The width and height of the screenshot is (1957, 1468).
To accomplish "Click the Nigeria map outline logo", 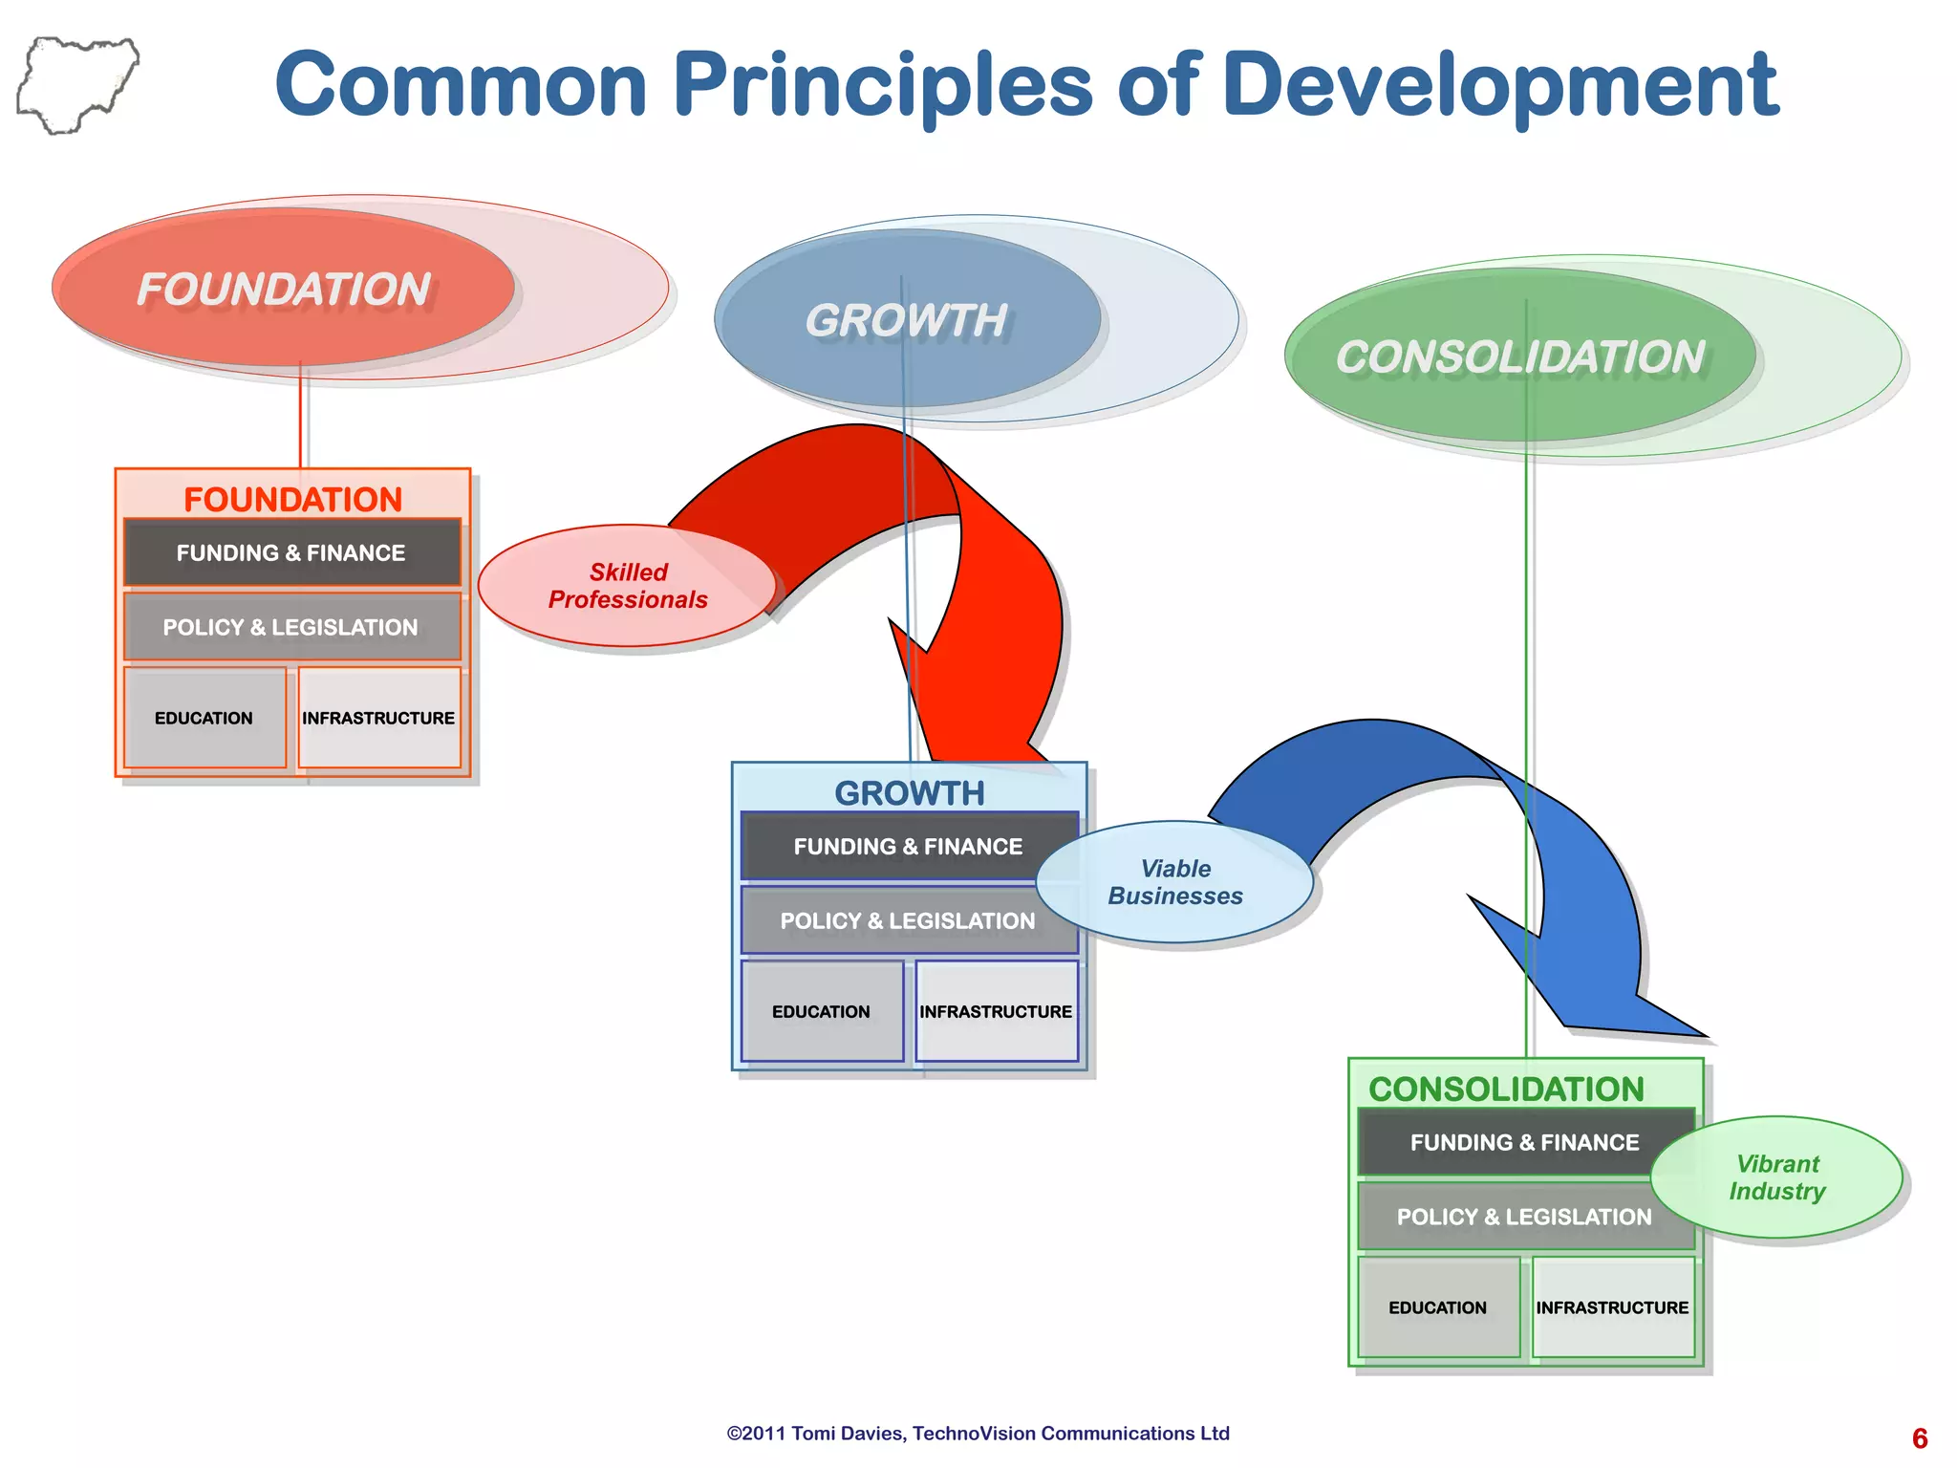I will click(76, 85).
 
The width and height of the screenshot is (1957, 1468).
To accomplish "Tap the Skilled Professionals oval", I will click(627, 586).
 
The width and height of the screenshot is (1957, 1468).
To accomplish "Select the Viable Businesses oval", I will click(1174, 882).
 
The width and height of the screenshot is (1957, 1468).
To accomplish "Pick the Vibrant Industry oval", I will click(1777, 1177).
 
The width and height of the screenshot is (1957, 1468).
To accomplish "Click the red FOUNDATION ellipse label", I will click(284, 290).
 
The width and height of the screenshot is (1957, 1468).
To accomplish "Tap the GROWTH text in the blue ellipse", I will click(906, 320).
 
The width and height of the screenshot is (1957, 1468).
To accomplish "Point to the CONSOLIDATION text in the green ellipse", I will click(1519, 357).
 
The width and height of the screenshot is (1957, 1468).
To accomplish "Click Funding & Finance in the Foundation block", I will click(291, 552).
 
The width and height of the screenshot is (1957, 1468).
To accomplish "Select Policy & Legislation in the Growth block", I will click(907, 920).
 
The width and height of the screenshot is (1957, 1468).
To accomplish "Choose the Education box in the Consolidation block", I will click(1438, 1307).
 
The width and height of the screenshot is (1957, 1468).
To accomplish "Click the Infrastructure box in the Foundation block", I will click(379, 718).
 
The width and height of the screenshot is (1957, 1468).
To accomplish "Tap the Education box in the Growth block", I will click(822, 1011).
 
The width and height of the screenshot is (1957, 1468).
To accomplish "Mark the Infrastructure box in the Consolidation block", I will click(1613, 1307).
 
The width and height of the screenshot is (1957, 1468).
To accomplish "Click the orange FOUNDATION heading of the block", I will click(292, 499).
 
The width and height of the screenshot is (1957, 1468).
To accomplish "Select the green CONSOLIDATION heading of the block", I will click(1506, 1089).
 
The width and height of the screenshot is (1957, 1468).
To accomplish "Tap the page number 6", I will click(1920, 1438).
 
